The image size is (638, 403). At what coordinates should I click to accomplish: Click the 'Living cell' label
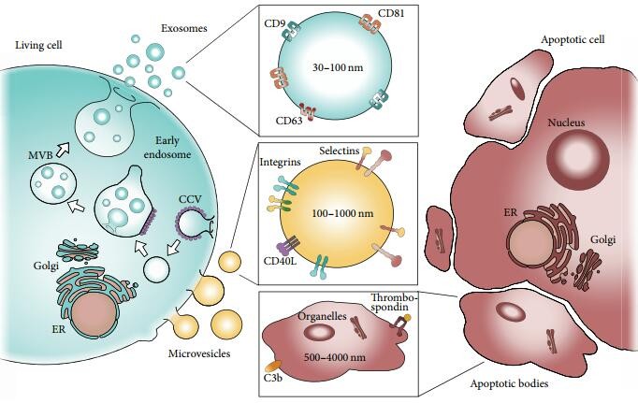tap(38, 44)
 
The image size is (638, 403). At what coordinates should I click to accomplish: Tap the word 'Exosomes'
tap(184, 28)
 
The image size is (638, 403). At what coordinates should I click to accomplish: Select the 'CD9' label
tap(275, 23)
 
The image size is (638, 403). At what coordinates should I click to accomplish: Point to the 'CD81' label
tap(391, 13)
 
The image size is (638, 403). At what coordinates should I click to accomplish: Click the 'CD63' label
tap(289, 121)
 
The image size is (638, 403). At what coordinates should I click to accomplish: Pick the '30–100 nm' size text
tap(338, 67)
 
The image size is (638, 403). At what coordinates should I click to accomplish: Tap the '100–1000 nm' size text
tap(342, 213)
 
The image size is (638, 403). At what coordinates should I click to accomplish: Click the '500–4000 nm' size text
tap(335, 357)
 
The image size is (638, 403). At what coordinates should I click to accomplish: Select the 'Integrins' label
tap(281, 163)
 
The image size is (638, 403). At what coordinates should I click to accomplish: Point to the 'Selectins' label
tap(340, 151)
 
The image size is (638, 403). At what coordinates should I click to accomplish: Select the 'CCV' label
tap(190, 200)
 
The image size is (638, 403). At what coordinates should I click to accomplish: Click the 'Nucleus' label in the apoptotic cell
tap(566, 122)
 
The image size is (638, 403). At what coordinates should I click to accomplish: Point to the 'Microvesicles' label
tap(199, 353)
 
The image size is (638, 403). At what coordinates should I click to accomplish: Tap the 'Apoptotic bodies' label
tap(509, 383)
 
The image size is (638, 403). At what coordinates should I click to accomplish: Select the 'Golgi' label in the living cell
tap(47, 266)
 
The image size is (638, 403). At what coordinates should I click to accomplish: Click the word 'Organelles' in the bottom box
tap(322, 316)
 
